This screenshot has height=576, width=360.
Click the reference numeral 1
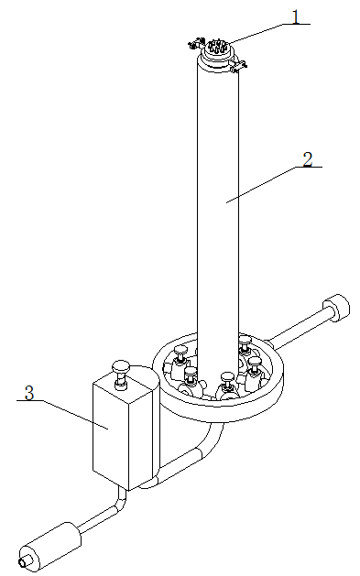pos(296,16)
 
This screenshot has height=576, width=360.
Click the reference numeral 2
pos(308,159)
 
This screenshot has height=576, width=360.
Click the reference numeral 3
pos(29,393)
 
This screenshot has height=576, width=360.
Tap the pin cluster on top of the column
pos(216,47)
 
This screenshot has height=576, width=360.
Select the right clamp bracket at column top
pos(239,65)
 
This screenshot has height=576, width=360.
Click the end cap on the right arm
pos(336,308)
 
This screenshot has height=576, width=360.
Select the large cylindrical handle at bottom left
pos(50,547)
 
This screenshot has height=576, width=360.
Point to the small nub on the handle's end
pos(23,562)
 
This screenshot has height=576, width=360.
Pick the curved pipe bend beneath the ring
pos(210,442)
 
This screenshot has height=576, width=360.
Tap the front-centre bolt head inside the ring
pos(227,377)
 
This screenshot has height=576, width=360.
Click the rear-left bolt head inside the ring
pos(180,350)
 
